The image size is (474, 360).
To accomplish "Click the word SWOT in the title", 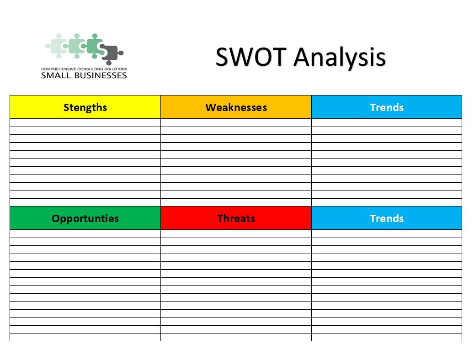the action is (250, 57).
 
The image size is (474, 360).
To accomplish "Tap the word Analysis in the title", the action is (340, 58).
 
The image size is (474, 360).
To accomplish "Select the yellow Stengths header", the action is (85, 107).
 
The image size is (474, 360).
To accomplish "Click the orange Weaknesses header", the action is (236, 107).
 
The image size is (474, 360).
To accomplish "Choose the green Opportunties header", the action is (85, 218).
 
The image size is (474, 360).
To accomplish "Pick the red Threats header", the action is (236, 218).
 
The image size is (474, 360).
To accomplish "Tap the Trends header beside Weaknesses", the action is (387, 107).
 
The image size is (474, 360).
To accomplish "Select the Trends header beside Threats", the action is (387, 218).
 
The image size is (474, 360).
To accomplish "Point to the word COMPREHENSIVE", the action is (59, 69).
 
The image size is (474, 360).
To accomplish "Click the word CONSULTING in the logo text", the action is (90, 69).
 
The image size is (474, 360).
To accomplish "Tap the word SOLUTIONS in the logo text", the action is (115, 69).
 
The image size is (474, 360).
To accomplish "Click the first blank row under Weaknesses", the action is (236, 122).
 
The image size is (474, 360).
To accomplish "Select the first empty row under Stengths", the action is (85, 122).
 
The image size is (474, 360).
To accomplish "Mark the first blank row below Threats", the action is (236, 233).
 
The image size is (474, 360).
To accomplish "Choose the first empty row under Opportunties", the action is (85, 233).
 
